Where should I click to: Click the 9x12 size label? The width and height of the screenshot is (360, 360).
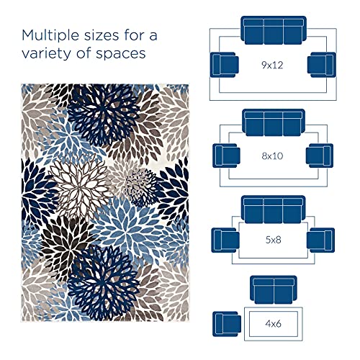(x=271, y=65)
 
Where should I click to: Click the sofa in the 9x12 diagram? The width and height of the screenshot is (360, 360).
(x=271, y=33)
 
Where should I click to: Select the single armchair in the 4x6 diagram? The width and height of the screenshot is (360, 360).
(x=227, y=322)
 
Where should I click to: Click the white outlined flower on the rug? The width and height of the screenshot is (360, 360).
(x=76, y=183)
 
